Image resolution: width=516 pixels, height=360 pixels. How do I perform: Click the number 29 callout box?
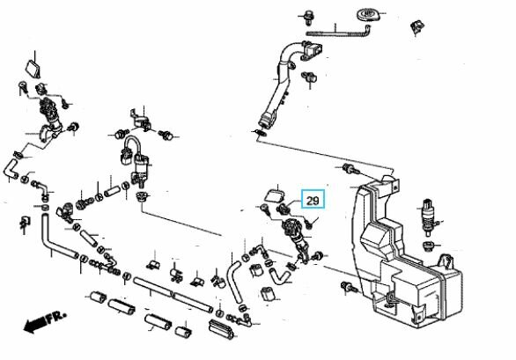point(313,200)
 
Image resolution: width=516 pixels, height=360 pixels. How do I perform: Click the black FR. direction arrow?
point(34,324)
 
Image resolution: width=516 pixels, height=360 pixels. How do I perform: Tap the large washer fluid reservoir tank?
point(408,250)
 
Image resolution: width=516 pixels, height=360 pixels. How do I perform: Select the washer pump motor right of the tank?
point(428,217)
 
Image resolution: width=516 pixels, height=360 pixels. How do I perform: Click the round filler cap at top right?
point(369,15)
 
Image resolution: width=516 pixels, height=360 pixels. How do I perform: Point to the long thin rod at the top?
point(338,33)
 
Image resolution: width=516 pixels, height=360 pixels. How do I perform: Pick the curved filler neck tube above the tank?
point(280,86)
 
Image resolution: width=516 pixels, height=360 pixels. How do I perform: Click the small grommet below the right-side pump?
point(427,246)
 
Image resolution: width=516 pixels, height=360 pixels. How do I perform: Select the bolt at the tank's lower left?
point(349,287)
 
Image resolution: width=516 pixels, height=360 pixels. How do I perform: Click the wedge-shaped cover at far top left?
point(33,70)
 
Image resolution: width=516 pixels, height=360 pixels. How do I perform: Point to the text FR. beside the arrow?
point(56,318)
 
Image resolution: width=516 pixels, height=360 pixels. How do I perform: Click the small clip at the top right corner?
point(417,27)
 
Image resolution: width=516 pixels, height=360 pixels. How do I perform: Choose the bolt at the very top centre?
point(309,18)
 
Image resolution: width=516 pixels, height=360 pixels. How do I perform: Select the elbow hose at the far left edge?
point(11,169)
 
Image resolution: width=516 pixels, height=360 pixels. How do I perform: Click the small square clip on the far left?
point(25,222)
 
